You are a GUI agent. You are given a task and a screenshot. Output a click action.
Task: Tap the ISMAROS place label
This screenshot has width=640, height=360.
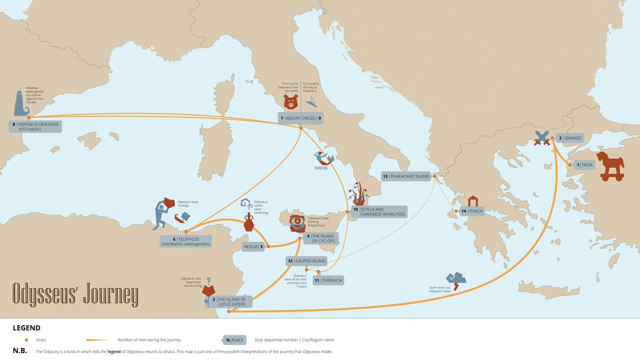570,138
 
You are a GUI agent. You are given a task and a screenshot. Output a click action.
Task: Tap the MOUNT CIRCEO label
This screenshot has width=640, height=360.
301,118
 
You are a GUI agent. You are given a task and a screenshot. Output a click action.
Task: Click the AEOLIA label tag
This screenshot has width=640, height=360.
254,247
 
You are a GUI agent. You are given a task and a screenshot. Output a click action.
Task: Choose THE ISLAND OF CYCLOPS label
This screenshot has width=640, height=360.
321,238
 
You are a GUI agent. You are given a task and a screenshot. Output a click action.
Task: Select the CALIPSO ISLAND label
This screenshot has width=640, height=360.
306,261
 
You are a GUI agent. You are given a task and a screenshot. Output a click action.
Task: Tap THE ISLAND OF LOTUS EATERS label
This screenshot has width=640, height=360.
229,302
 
